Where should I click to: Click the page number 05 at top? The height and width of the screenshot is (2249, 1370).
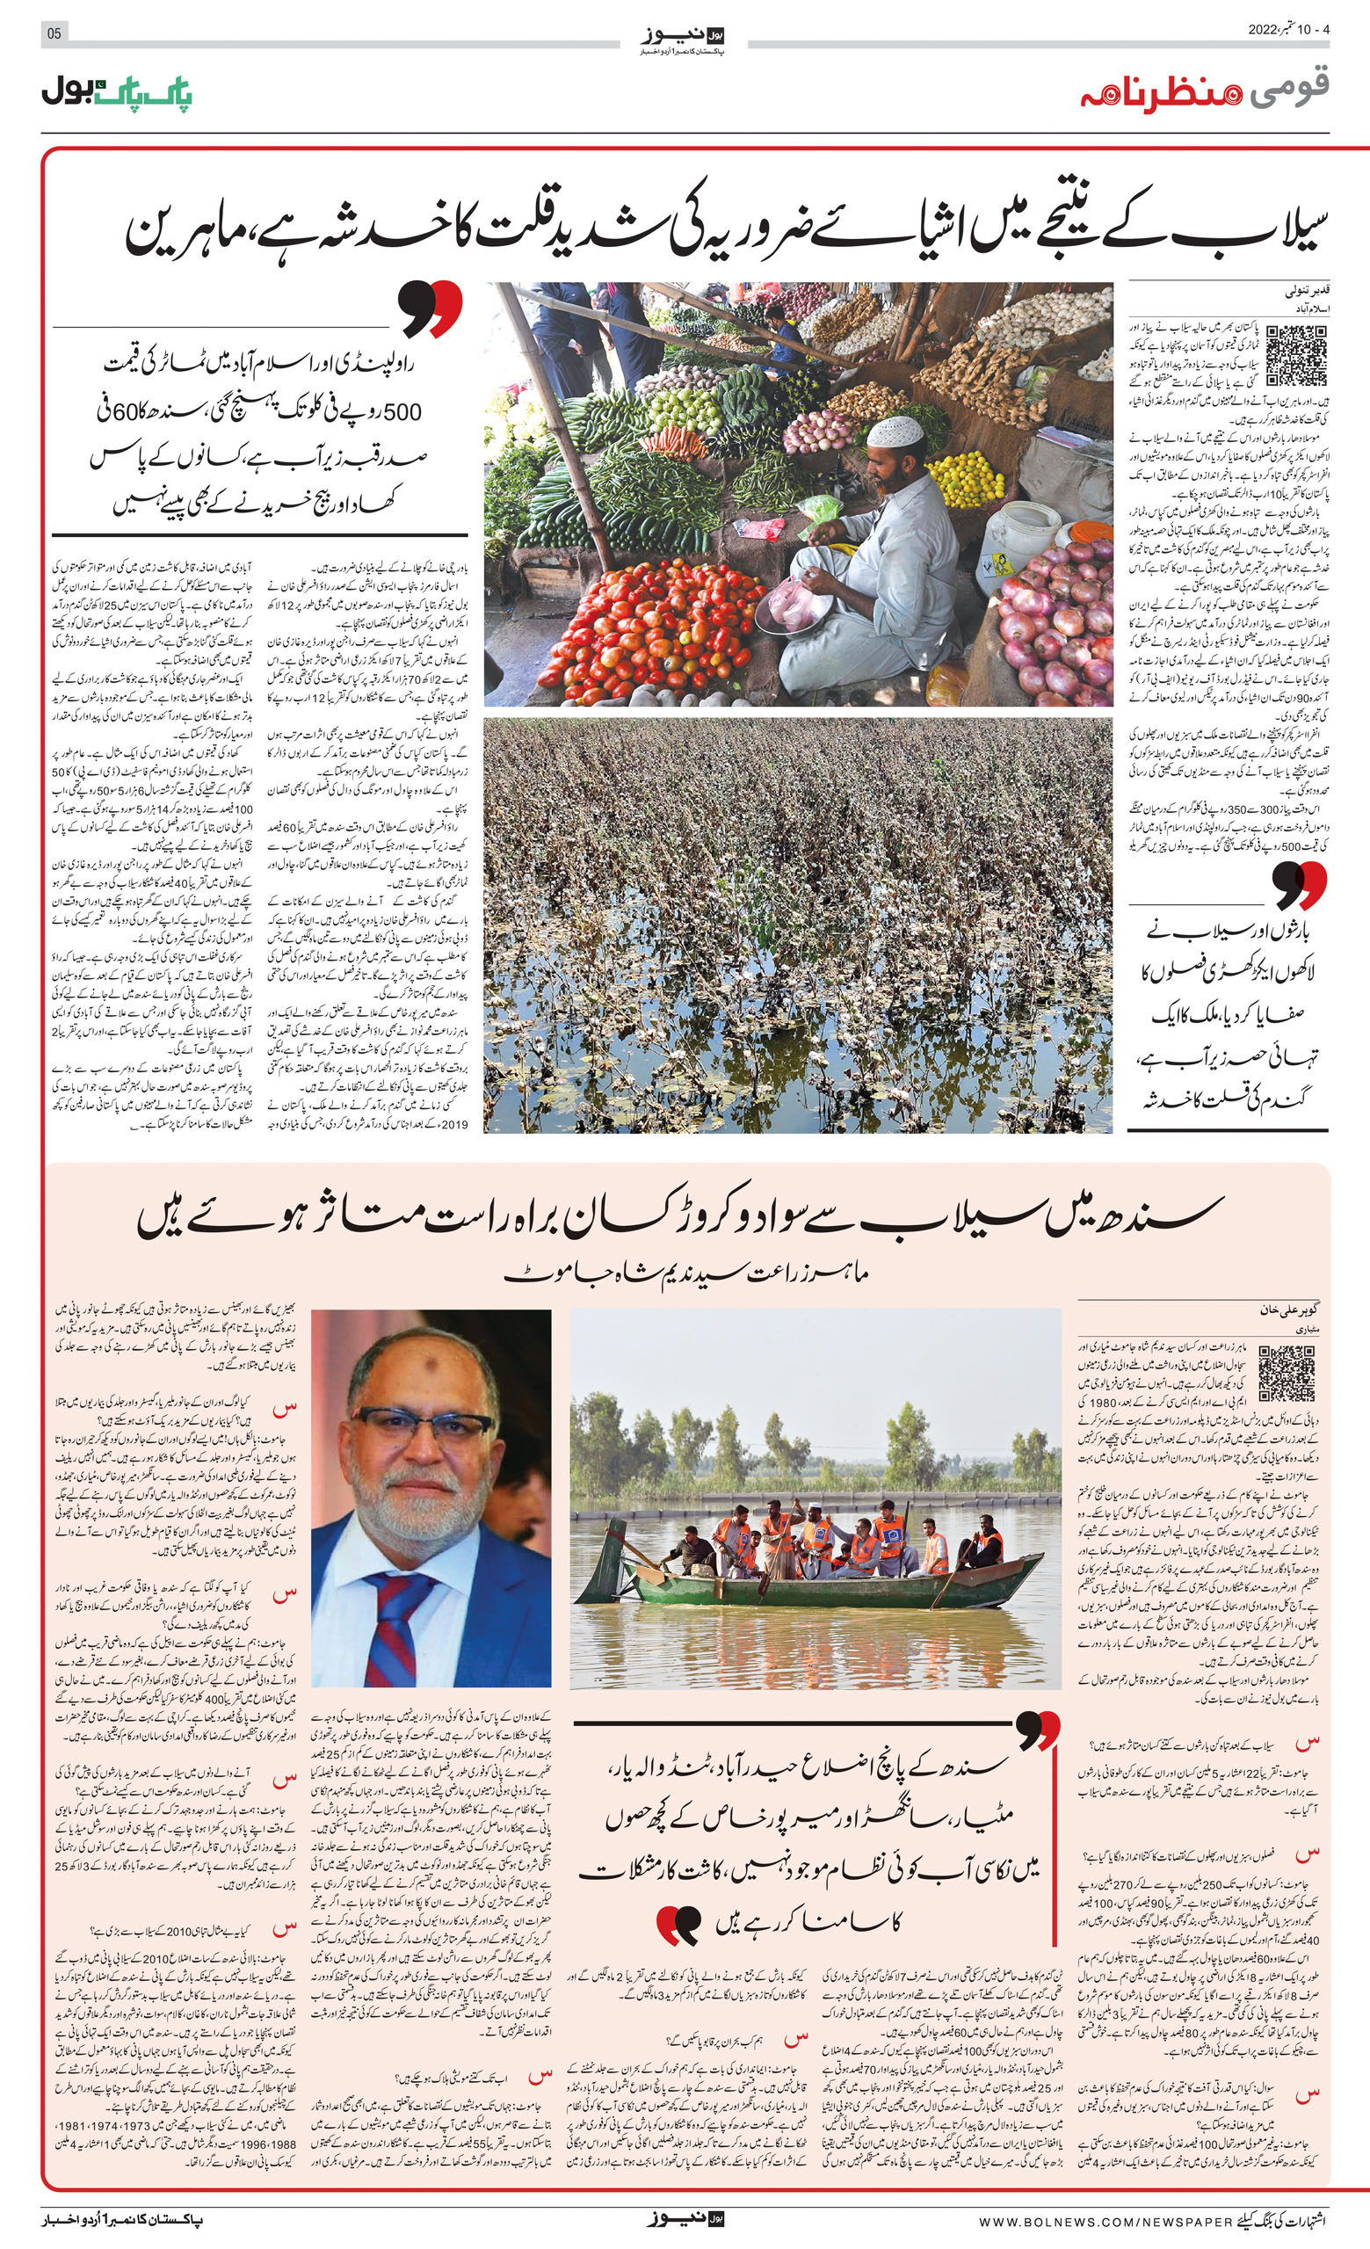coord(54,33)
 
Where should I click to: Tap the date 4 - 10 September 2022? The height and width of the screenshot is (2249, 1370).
coord(1289,29)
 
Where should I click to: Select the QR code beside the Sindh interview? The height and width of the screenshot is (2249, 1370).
coord(1287,1373)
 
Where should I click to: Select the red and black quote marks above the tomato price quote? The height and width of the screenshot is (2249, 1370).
coord(430,308)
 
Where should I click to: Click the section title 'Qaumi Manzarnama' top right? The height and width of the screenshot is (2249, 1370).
coord(1204,91)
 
